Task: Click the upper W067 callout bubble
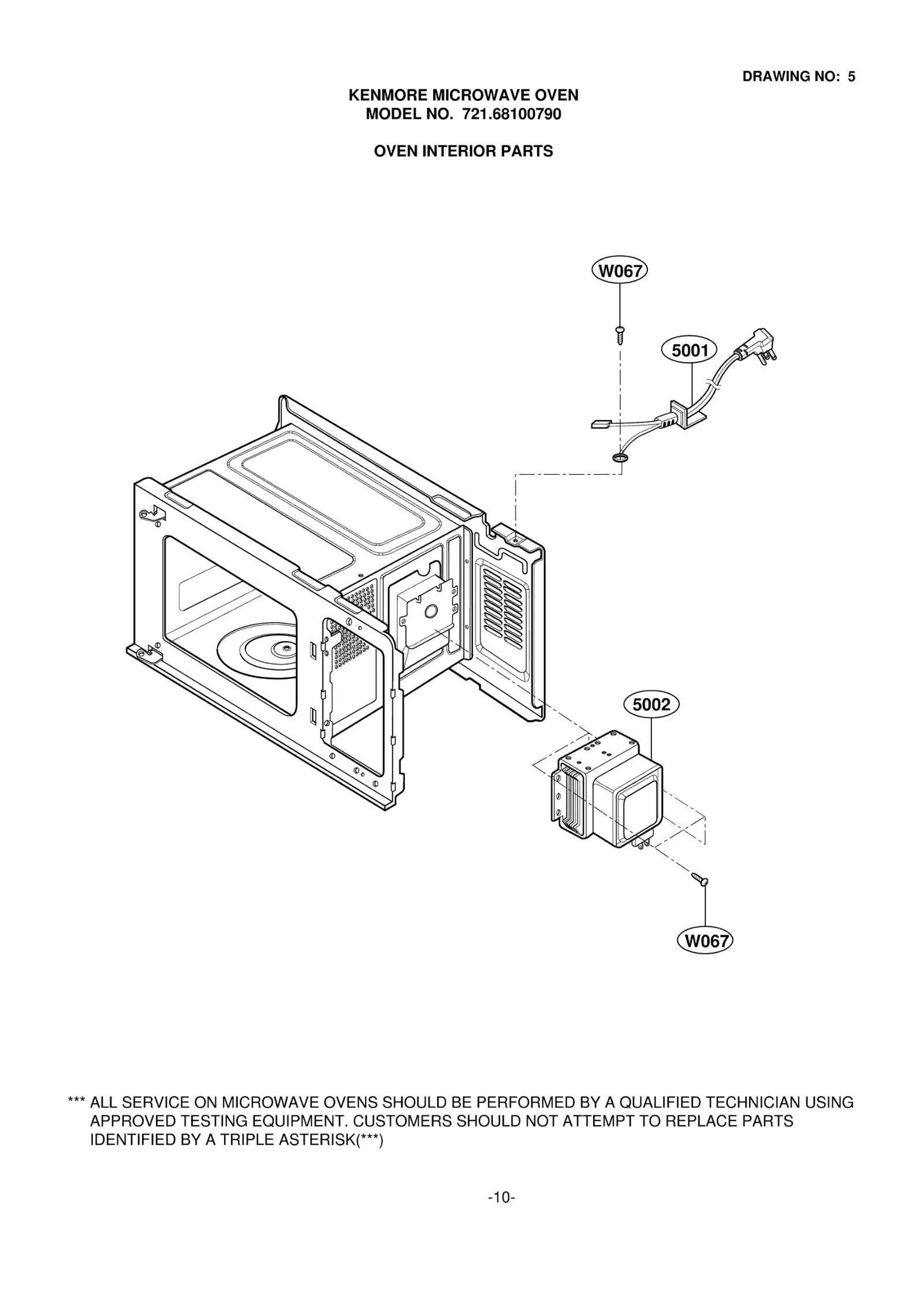click(620, 270)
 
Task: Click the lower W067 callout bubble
click(705, 941)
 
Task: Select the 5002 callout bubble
click(651, 705)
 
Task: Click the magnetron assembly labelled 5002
click(612, 791)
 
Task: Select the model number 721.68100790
click(511, 114)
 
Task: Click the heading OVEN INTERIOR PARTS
click(463, 151)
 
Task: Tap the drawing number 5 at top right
click(851, 77)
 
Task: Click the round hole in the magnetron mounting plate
click(430, 611)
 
